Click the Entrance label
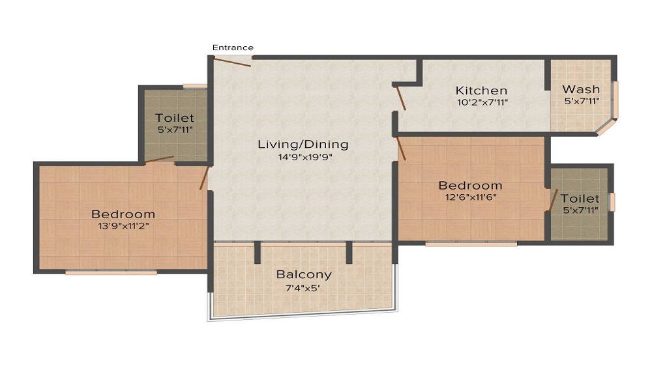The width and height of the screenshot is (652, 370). click(233, 48)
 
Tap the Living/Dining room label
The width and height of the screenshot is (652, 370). click(303, 145)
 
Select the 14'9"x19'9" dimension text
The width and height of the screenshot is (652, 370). click(303, 157)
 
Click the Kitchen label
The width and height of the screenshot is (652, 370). click(481, 91)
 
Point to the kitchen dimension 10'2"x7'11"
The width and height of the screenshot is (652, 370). click(481, 102)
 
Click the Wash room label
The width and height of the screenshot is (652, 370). click(580, 89)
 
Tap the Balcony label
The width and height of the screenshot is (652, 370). click(303, 274)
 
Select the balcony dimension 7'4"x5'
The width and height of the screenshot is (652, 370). click(303, 287)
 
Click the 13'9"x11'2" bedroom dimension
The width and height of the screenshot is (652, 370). click(123, 226)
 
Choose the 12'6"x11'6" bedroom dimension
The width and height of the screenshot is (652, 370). click(470, 197)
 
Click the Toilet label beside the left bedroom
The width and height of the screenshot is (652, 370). click(175, 118)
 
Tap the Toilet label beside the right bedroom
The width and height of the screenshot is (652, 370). click(580, 199)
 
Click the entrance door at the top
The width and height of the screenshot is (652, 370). click(232, 63)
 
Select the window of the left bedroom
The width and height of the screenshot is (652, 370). click(111, 272)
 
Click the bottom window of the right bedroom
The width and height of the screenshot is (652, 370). click(471, 244)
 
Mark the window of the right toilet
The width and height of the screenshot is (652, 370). click(612, 202)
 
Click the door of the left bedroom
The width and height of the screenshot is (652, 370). click(205, 178)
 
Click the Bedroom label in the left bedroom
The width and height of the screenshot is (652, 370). click(123, 214)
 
